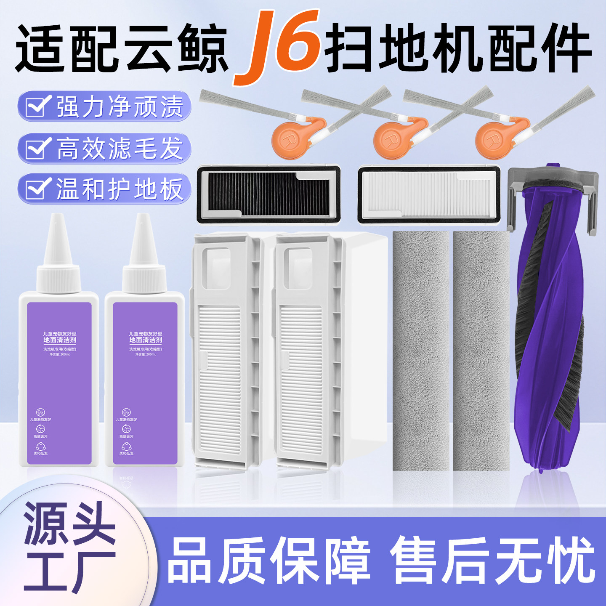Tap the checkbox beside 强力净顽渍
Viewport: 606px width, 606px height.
click(x=37, y=106)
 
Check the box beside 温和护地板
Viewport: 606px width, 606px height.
click(x=37, y=189)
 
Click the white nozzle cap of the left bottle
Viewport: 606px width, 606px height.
click(x=58, y=257)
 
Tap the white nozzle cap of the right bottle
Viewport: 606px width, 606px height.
click(x=144, y=257)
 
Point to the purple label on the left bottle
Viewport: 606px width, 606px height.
click(x=59, y=383)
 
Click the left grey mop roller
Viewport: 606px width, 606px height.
click(x=420, y=351)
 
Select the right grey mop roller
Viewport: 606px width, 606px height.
click(x=481, y=351)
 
